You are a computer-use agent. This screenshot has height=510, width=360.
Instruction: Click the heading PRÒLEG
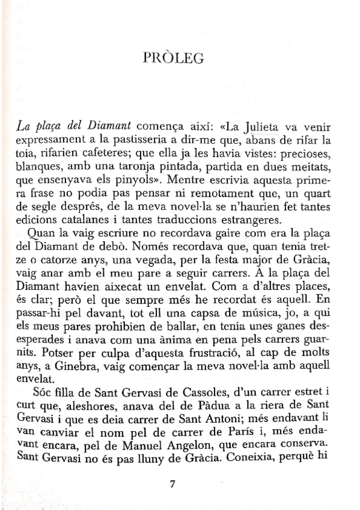(x=174, y=58)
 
